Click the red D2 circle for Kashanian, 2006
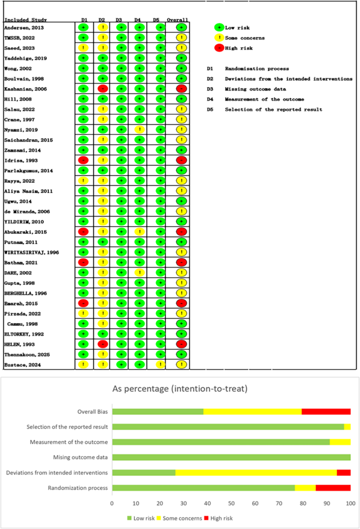102,88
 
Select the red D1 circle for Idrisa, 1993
83,160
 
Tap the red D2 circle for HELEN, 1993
102,344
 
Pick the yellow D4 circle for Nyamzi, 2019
139,129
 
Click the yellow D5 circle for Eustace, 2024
161,365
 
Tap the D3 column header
120,20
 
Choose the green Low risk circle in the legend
219,27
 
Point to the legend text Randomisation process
256,69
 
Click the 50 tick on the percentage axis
231,503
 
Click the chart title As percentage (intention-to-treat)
180,390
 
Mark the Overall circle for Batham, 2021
181,262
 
